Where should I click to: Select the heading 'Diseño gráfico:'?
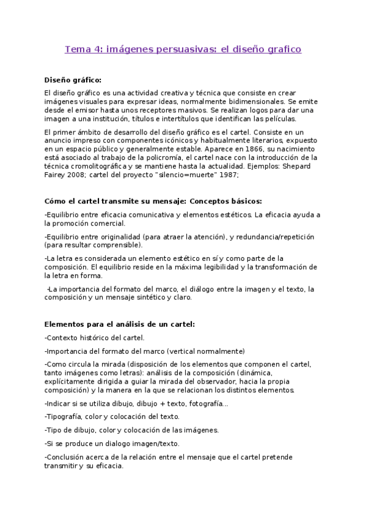(73, 79)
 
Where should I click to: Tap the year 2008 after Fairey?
(82, 173)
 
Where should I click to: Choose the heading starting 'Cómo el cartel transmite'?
(154, 201)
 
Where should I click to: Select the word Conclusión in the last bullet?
(68, 456)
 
